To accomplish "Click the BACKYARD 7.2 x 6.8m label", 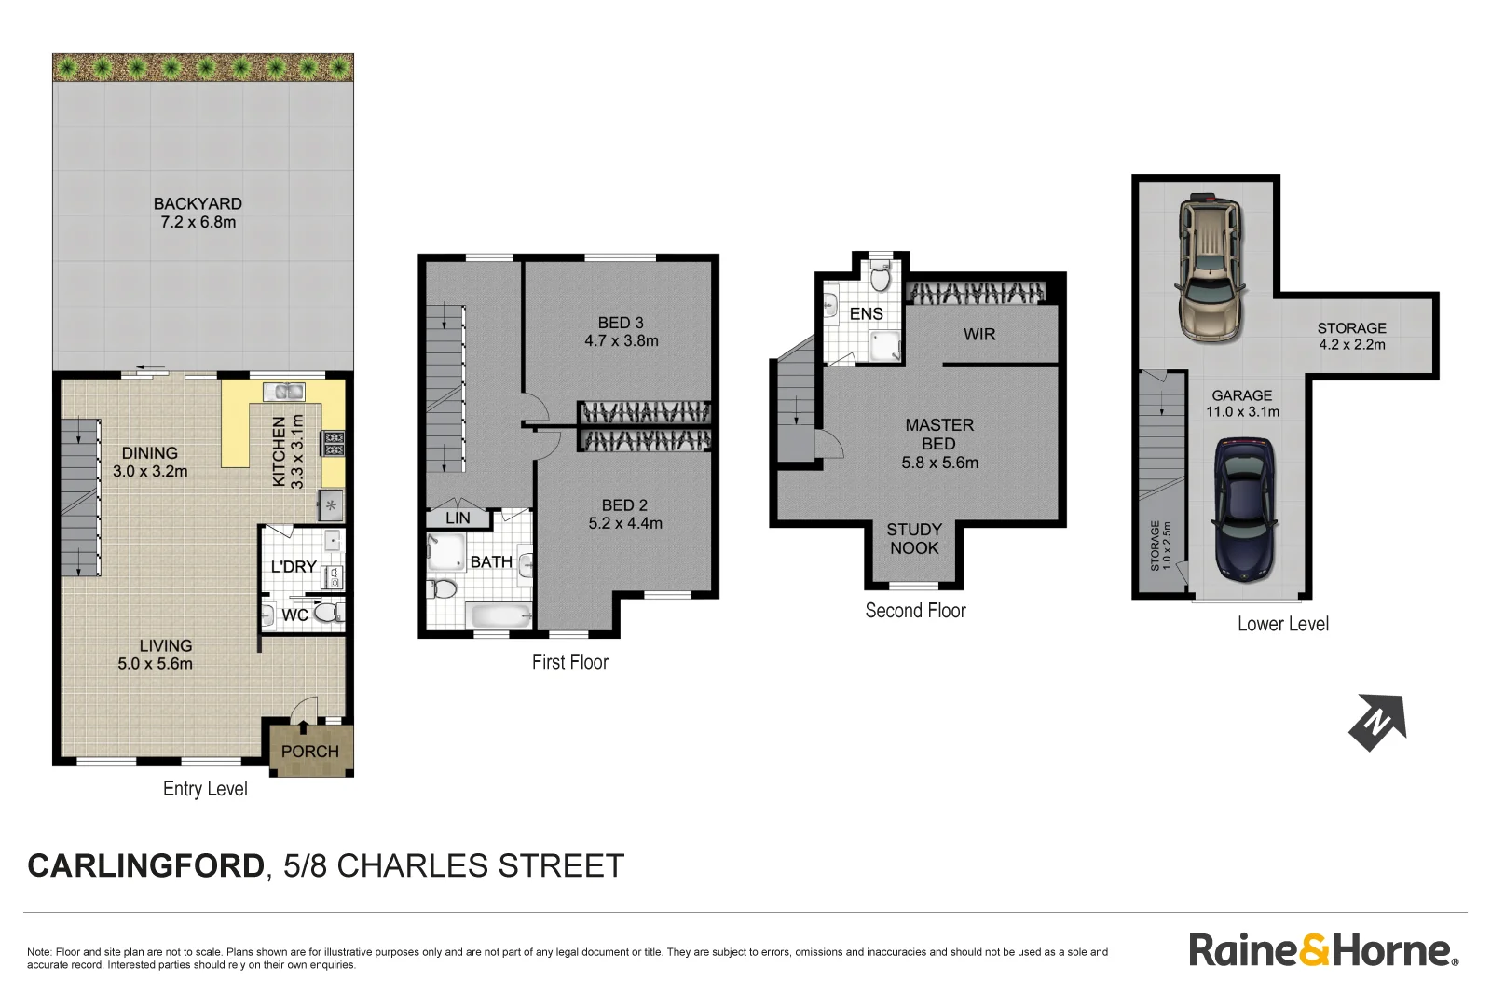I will click(198, 213).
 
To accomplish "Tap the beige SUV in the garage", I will click(1211, 268).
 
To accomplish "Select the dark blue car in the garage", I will click(1244, 511).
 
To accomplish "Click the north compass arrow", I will click(1377, 722).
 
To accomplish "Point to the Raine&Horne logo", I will click(1322, 950).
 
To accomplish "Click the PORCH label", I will click(309, 752).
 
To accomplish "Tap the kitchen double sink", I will click(283, 392).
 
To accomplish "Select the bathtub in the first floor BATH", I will click(499, 615).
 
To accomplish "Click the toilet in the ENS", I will click(880, 276).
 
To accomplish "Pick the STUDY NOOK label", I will click(914, 539).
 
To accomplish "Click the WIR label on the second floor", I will click(979, 335).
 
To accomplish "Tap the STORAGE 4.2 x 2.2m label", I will click(1351, 336).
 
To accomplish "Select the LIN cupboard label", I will click(458, 518).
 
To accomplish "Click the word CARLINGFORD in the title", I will click(146, 866).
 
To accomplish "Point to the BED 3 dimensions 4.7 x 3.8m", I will click(622, 341).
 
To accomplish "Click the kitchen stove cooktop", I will click(334, 444).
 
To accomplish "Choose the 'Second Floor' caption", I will click(915, 611).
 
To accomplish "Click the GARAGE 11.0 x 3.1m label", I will click(1242, 404).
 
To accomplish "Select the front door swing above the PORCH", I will click(304, 711).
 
